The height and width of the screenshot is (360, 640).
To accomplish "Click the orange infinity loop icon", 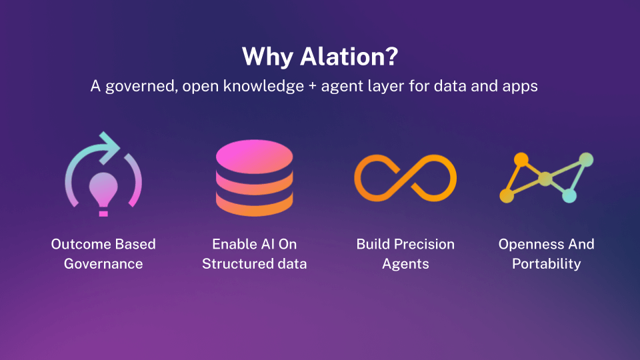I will (405, 178).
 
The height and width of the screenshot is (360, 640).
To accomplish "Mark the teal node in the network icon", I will (569, 195).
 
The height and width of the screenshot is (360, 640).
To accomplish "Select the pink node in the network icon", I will (521, 160).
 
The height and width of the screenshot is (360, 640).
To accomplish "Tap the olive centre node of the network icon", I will (545, 178).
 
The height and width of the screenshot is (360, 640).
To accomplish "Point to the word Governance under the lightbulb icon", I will (103, 264).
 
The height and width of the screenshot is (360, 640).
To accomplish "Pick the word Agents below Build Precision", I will (405, 264).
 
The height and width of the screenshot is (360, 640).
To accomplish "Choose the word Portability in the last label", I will (547, 264).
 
